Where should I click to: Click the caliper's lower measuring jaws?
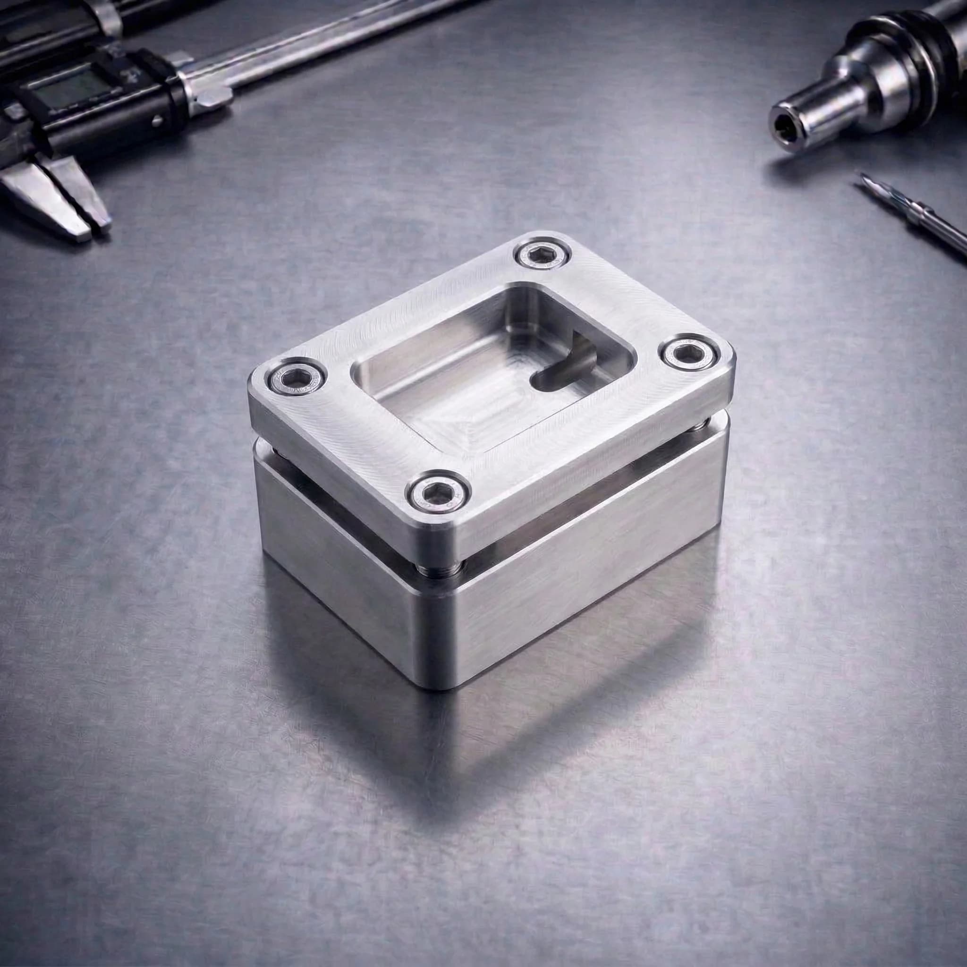[55, 200]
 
